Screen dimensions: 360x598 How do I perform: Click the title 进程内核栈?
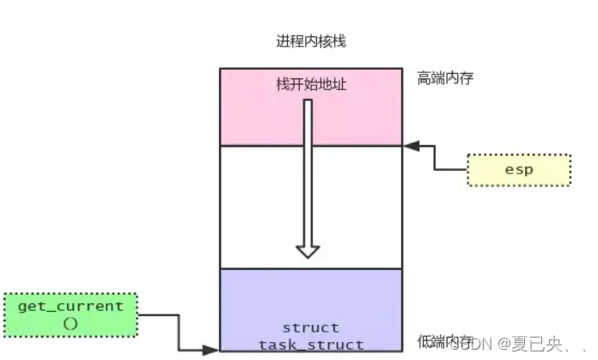click(311, 41)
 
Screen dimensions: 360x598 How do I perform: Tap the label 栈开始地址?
click(310, 84)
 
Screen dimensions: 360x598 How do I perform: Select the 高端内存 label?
click(445, 78)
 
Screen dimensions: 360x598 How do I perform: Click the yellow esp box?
click(520, 169)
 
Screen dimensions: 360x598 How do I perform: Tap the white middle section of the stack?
click(258, 206)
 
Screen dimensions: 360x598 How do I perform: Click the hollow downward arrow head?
click(308, 250)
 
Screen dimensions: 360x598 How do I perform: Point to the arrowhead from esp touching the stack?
click(411, 147)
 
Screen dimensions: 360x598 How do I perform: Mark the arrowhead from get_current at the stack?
click(211, 350)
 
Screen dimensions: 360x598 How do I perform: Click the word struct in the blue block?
click(310, 327)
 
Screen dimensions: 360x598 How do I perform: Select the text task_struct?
click(310, 344)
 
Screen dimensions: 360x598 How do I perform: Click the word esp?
click(520, 169)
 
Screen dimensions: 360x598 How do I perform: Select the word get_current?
click(70, 306)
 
